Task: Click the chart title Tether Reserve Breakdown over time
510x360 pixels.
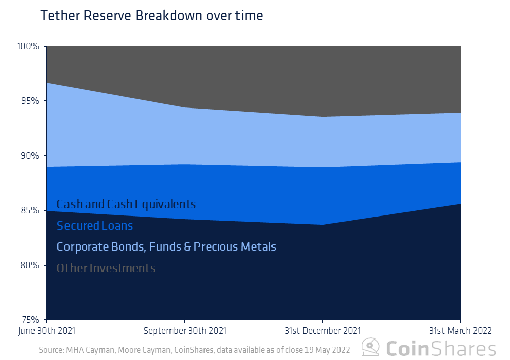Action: pos(151,16)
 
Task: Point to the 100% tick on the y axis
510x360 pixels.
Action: pos(28,46)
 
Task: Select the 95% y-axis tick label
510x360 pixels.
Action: pos(29,101)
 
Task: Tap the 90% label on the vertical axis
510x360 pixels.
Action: pos(29,156)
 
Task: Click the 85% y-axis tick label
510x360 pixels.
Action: pos(29,210)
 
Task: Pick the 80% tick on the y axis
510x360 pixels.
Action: pos(29,265)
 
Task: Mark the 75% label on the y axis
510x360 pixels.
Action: pos(29,320)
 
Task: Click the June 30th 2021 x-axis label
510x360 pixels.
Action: pos(47,331)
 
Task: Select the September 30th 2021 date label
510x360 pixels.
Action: pos(185,331)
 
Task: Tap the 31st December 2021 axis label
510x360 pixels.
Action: pos(323,331)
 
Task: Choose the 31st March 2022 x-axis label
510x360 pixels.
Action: pos(460,331)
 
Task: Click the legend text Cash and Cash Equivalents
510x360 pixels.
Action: pos(126,204)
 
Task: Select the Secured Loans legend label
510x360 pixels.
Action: pos(95,226)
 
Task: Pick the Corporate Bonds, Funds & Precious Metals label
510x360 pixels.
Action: pos(166,247)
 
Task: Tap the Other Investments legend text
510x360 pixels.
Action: pos(106,268)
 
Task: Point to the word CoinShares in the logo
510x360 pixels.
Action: pos(440,348)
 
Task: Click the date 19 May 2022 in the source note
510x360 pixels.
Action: pos(330,350)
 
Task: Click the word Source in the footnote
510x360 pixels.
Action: pos(51,350)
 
